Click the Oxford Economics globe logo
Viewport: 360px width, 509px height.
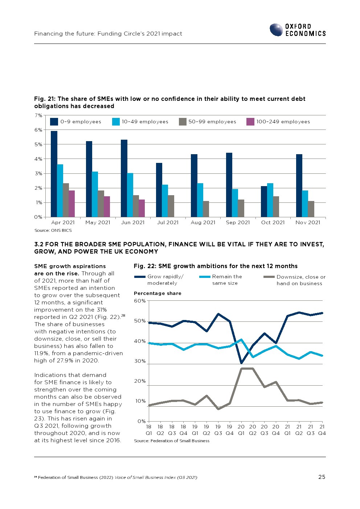coord(276,30)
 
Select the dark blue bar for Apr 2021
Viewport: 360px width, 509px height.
coord(54,174)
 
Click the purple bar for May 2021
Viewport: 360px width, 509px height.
coord(107,206)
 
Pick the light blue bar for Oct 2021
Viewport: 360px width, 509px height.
coord(270,200)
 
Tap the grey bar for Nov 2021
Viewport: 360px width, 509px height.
coord(311,209)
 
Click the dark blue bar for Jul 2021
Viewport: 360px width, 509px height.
coord(159,190)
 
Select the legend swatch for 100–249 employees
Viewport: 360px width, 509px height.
coord(250,122)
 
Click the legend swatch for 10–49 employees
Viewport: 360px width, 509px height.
coord(116,122)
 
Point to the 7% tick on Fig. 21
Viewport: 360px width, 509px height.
coord(38,115)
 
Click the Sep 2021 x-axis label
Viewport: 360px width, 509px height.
coord(238,222)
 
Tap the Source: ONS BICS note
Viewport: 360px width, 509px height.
coord(53,230)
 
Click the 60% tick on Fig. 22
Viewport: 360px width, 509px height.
coord(140,301)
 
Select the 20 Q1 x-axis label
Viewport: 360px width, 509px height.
coord(241,430)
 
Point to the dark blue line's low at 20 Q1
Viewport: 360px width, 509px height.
coord(241,363)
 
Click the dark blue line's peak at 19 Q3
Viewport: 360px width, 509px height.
coord(218,314)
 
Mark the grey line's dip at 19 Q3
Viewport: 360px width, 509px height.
coord(218,409)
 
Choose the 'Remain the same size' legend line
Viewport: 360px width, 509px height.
coord(205,277)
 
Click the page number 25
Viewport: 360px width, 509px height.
coord(322,477)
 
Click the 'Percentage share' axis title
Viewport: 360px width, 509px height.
coord(157,293)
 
